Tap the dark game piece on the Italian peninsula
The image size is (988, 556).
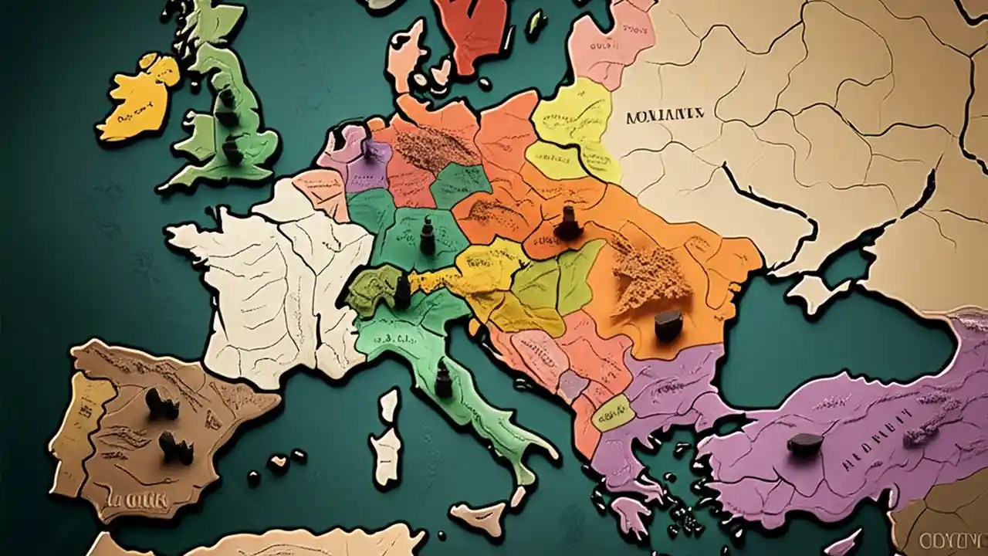point(443,380)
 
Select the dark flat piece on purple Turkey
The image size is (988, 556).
point(804,442)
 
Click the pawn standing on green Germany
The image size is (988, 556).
point(427,236)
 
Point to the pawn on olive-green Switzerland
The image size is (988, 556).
point(401,291)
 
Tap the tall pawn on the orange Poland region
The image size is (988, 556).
point(567,222)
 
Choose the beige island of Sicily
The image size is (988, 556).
point(479,513)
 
